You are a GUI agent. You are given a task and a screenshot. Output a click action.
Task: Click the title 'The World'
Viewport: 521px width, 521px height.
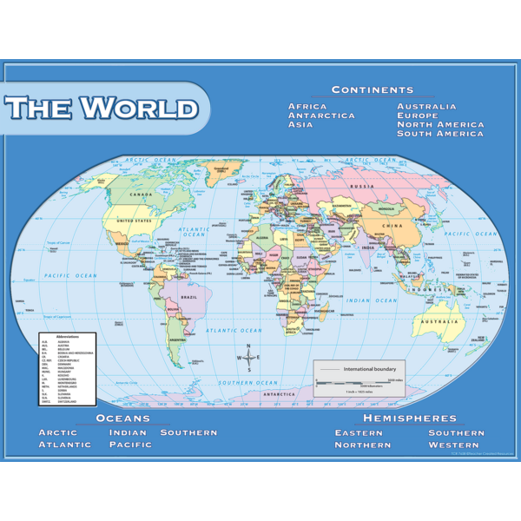[102, 109]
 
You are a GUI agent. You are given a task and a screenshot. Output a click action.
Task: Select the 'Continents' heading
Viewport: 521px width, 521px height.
[373, 90]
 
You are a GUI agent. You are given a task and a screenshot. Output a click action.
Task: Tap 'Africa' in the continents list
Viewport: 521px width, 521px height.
[307, 107]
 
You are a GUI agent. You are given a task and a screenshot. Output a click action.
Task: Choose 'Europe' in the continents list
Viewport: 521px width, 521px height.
[419, 115]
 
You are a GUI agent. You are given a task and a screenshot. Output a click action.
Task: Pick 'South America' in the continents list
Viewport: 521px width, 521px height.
[440, 134]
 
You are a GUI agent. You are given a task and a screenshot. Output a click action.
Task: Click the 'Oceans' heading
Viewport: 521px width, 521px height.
[122, 418]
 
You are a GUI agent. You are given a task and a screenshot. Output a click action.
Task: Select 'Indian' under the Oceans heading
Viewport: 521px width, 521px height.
[128, 432]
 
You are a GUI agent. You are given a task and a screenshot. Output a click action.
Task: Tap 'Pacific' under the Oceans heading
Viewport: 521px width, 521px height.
[130, 445]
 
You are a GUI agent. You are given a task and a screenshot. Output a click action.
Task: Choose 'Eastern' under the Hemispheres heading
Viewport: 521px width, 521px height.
[359, 432]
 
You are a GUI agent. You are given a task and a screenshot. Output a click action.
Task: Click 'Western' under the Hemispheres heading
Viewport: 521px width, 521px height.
[453, 445]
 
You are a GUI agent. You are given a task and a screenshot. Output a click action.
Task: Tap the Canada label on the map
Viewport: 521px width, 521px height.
[141, 195]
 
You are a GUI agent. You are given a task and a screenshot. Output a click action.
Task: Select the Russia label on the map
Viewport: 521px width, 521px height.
[362, 187]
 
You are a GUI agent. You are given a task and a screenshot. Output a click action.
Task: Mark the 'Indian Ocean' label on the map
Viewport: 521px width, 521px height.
[373, 300]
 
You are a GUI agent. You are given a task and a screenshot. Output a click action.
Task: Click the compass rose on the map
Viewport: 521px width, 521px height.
[248, 357]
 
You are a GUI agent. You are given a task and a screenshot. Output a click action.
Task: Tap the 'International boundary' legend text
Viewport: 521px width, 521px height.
[370, 369]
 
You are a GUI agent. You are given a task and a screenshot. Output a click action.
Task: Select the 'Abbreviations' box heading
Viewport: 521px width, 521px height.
[67, 336]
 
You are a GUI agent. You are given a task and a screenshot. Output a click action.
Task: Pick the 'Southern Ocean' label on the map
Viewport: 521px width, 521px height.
[247, 382]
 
